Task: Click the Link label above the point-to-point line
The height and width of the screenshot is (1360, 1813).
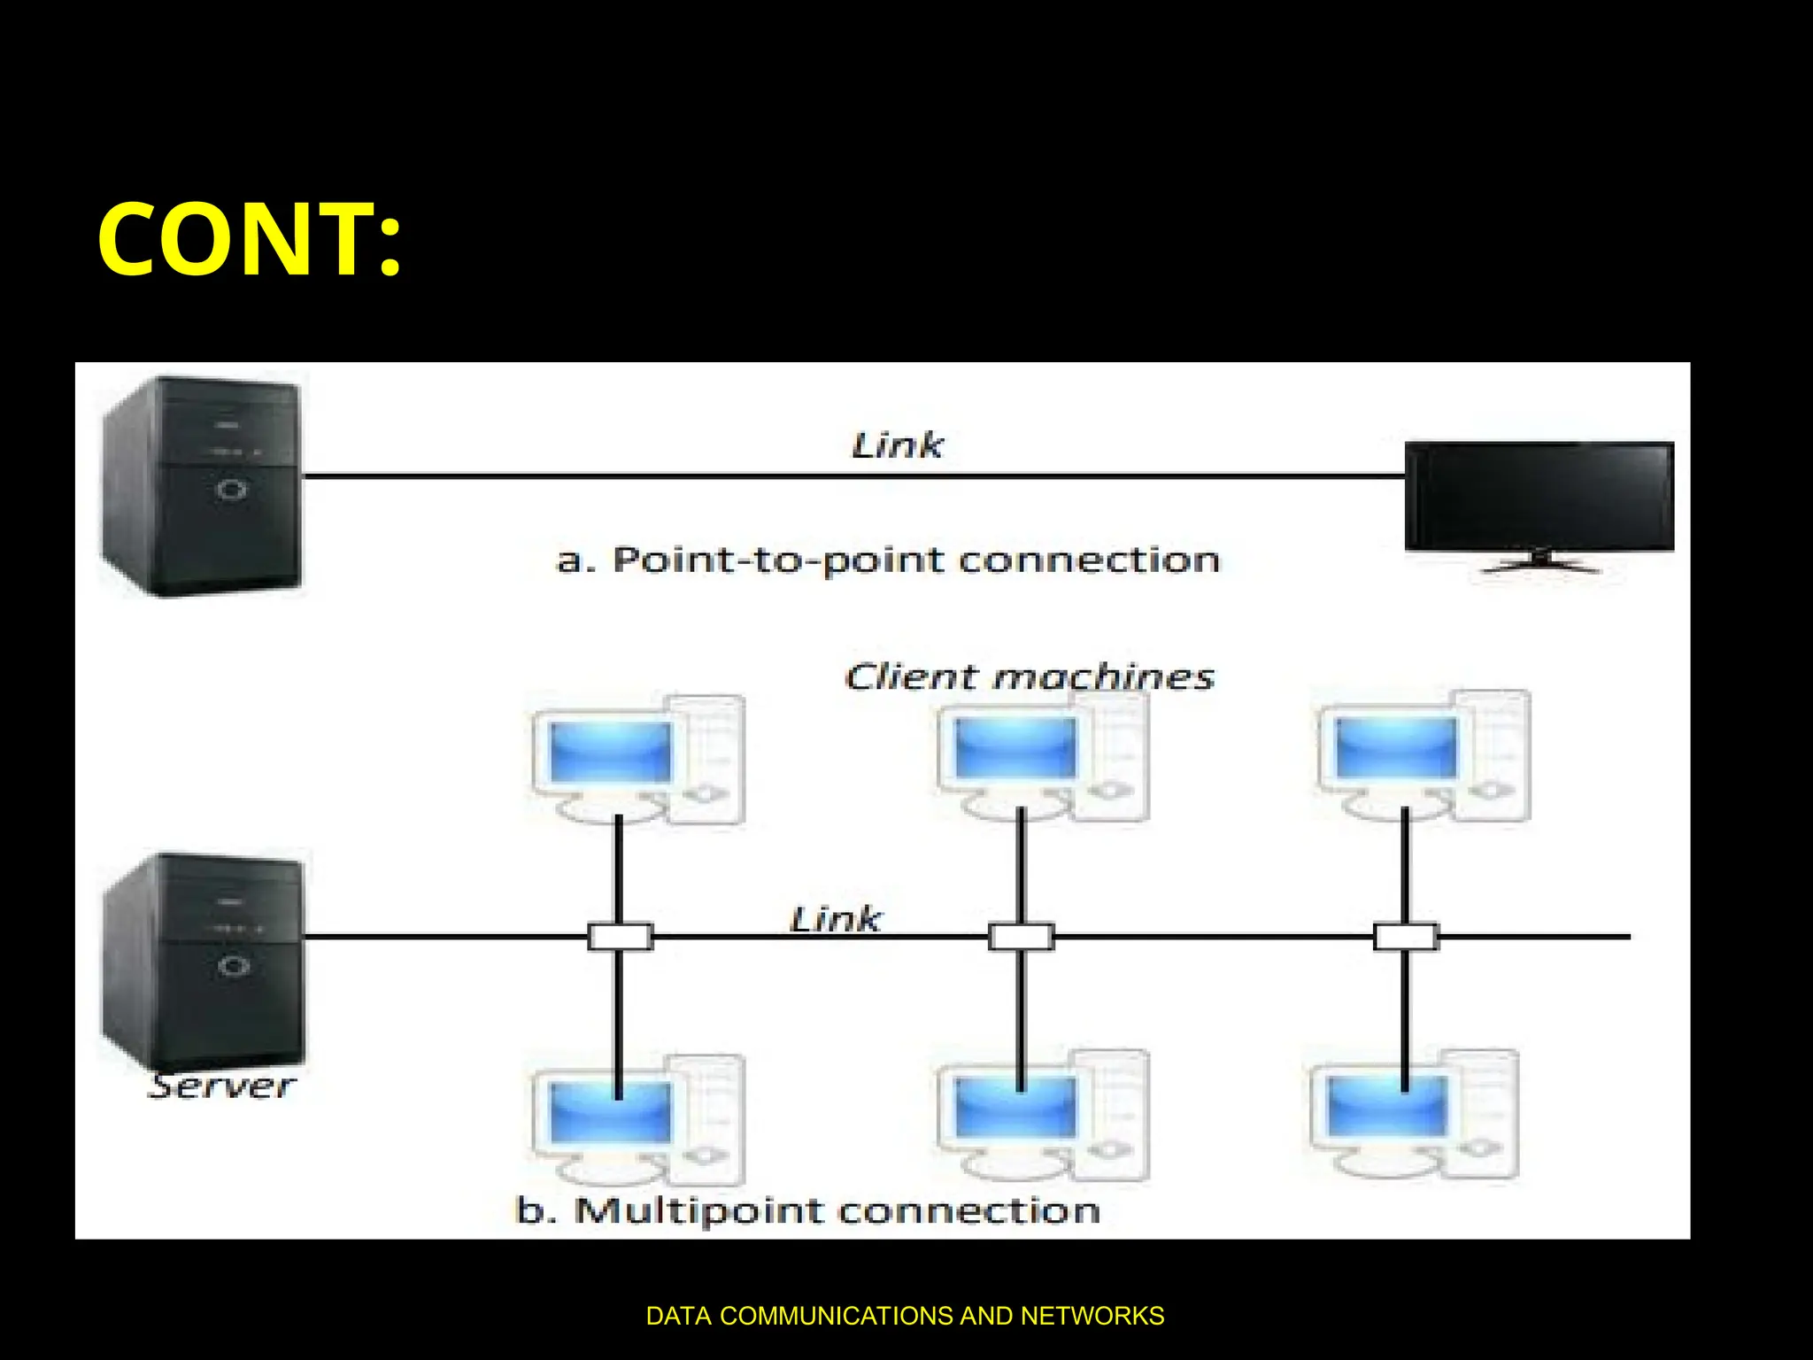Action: [x=897, y=445]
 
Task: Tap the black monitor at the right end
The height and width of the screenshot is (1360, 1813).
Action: [x=1539, y=497]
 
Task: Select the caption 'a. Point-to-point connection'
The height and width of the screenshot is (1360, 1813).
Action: [x=888, y=560]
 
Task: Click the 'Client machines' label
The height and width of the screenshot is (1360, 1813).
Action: [x=1029, y=677]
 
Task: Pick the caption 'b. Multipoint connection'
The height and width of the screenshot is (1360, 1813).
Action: [x=807, y=1210]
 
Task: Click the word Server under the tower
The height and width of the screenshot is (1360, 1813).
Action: [x=221, y=1086]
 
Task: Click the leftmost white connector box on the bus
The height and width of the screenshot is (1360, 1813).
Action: [x=620, y=937]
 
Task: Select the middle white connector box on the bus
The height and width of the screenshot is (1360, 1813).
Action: [x=1021, y=937]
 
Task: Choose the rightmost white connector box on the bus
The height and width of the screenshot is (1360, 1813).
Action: [x=1405, y=937]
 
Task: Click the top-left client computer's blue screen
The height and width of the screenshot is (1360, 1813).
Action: [x=610, y=751]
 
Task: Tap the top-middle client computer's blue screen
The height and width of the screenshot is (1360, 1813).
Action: [x=1015, y=747]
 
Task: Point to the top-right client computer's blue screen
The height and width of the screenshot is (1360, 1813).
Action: [x=1395, y=747]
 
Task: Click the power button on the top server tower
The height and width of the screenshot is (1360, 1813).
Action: [x=232, y=489]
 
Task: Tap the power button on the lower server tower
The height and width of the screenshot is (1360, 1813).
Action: [x=234, y=965]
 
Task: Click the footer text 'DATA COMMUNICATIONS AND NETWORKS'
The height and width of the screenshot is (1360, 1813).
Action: [x=905, y=1316]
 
